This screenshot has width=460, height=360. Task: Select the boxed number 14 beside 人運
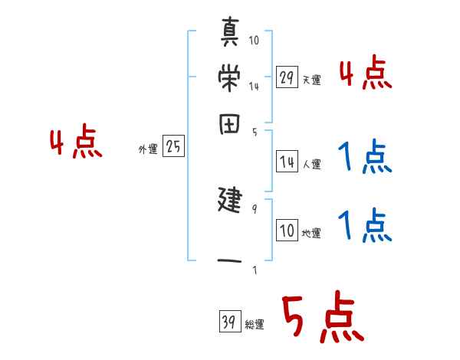(x=287, y=162)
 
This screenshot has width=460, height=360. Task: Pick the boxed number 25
(x=173, y=148)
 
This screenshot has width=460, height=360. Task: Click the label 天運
(x=311, y=80)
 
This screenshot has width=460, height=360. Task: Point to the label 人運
(x=311, y=164)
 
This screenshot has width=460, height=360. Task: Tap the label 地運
(x=311, y=234)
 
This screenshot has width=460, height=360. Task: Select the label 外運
(x=147, y=150)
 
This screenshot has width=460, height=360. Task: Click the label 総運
(x=255, y=325)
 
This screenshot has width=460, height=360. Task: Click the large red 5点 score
(x=322, y=319)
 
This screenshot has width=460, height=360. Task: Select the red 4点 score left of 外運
(x=75, y=144)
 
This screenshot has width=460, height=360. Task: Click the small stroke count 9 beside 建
(x=254, y=208)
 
